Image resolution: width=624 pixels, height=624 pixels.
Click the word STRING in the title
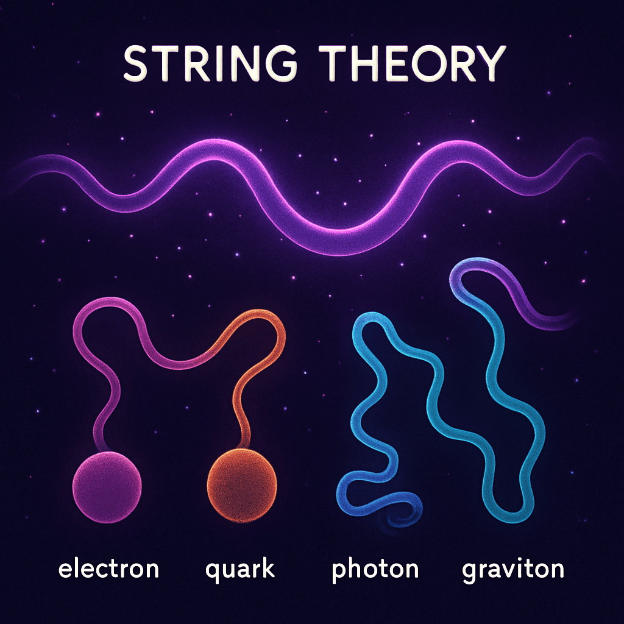(210, 63)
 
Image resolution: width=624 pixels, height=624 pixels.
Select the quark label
(240, 570)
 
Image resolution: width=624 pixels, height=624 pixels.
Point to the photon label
(375, 570)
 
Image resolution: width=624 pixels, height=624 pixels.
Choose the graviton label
(513, 571)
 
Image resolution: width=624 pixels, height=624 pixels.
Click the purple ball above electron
(107, 487)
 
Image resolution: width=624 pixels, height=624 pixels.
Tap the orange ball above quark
(241, 485)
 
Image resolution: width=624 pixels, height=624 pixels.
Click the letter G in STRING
(281, 63)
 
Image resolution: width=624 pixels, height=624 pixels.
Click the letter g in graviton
(470, 573)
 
